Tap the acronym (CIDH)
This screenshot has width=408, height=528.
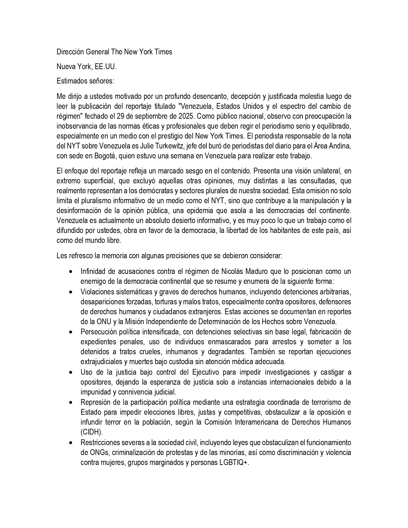tap(92, 432)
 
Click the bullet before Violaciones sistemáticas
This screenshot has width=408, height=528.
tap(70, 292)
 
